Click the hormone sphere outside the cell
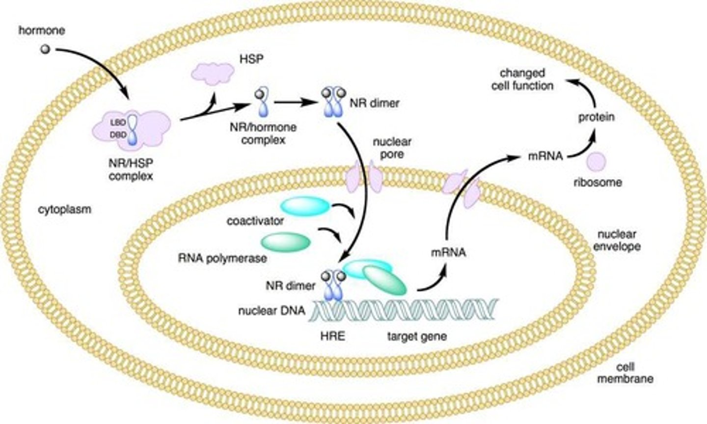point(45,49)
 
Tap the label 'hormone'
point(42,30)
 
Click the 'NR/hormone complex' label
point(263,133)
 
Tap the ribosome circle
point(597,161)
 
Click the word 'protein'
point(596,117)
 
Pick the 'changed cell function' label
point(526,79)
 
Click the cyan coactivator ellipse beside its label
point(305,206)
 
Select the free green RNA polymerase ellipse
point(285,241)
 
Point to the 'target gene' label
point(416,337)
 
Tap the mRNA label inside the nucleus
point(448,253)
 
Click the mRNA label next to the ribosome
point(545,157)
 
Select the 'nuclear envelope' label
point(617,240)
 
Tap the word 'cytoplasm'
point(65,210)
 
